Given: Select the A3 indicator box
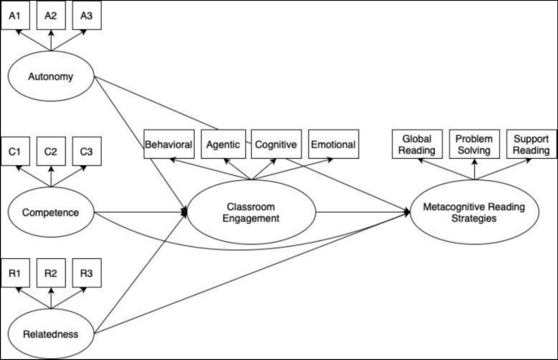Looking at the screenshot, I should tap(86, 16).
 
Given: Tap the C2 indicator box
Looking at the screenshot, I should tap(51, 151).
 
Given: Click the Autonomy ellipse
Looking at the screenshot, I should tap(51, 78).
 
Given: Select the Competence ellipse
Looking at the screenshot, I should tap(51, 213).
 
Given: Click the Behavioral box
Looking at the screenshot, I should tap(169, 144).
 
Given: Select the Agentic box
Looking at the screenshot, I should tap(222, 144).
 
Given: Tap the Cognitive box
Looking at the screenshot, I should tap(276, 144).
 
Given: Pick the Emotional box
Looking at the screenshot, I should tap(332, 144).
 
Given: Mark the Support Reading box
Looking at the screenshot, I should tap(530, 144).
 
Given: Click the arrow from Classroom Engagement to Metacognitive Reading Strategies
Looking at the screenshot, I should tap(362, 213).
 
